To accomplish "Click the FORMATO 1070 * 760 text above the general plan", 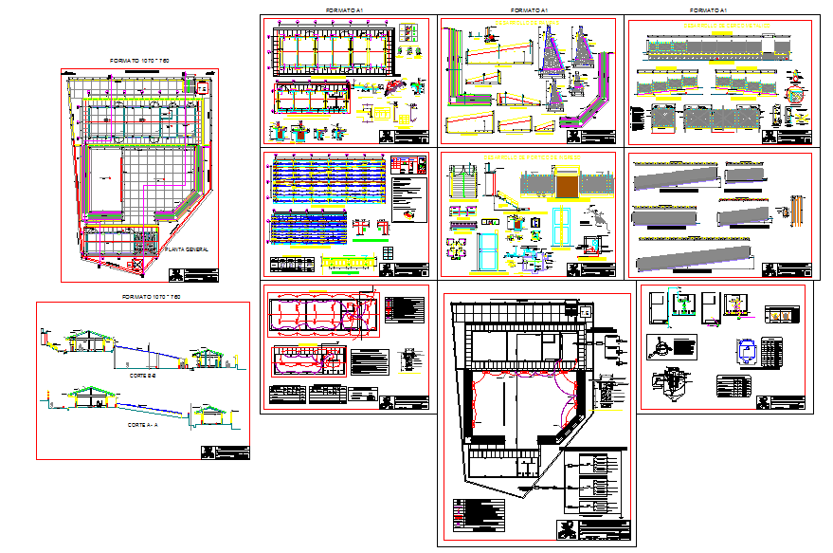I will (139, 61).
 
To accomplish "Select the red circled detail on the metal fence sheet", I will (796, 96).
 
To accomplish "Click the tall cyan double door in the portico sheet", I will (489, 255).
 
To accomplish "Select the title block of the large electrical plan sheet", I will (595, 530).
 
